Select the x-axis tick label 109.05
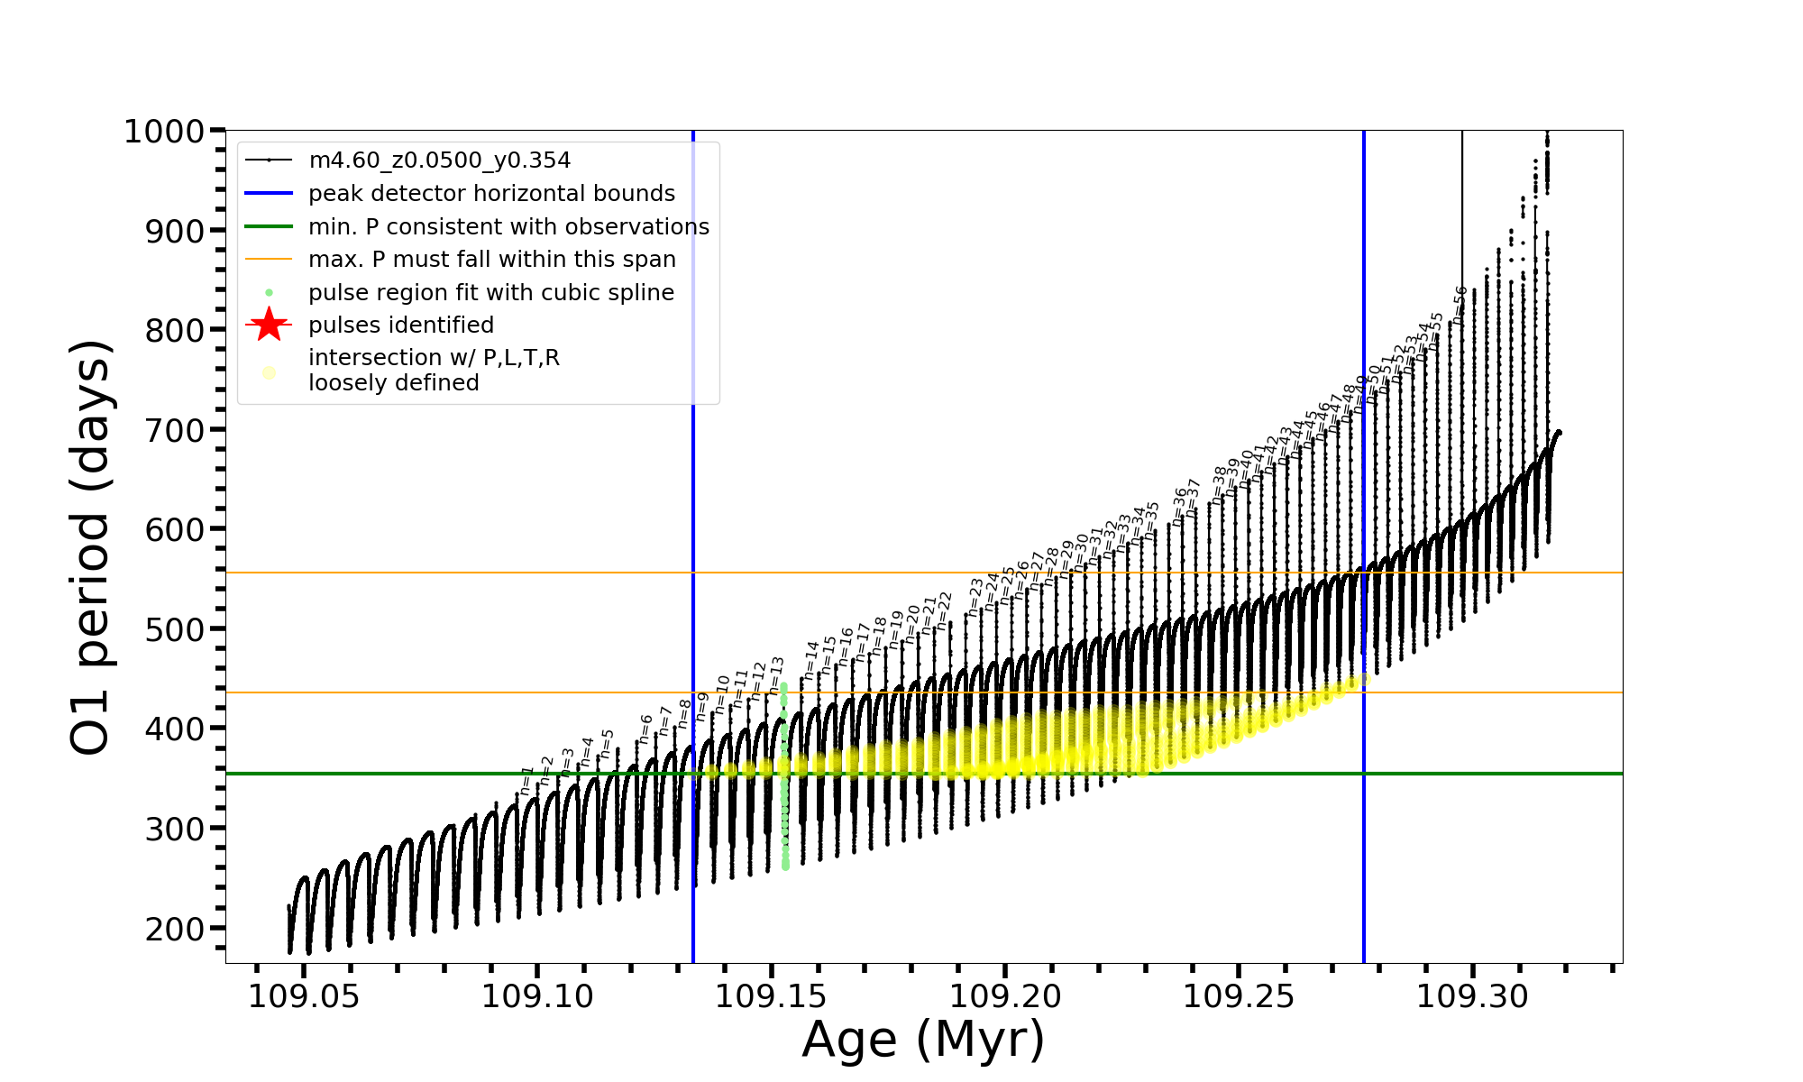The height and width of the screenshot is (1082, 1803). coord(304,997)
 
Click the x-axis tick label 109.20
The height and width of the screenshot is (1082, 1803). coord(1005,997)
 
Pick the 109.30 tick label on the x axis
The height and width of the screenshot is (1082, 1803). coord(1473,997)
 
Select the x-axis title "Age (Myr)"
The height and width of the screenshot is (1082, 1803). coord(923,1040)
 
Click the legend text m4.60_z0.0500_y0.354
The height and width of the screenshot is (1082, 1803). coord(440,160)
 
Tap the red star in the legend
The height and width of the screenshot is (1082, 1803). coord(269,325)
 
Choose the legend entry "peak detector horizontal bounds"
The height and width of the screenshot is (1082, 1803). coord(491,194)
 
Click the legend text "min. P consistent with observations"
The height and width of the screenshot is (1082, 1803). coord(508,226)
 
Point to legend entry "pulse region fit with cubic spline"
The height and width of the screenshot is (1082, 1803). coord(491,293)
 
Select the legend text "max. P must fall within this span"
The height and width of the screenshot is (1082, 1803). coord(492,260)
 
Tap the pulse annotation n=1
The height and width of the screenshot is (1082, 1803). coord(526,781)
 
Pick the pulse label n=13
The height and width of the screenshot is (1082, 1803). coord(776,674)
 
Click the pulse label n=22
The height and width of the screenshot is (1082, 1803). coord(943,610)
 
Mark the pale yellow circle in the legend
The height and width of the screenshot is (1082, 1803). coord(269,372)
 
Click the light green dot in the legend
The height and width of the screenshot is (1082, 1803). coord(269,293)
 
